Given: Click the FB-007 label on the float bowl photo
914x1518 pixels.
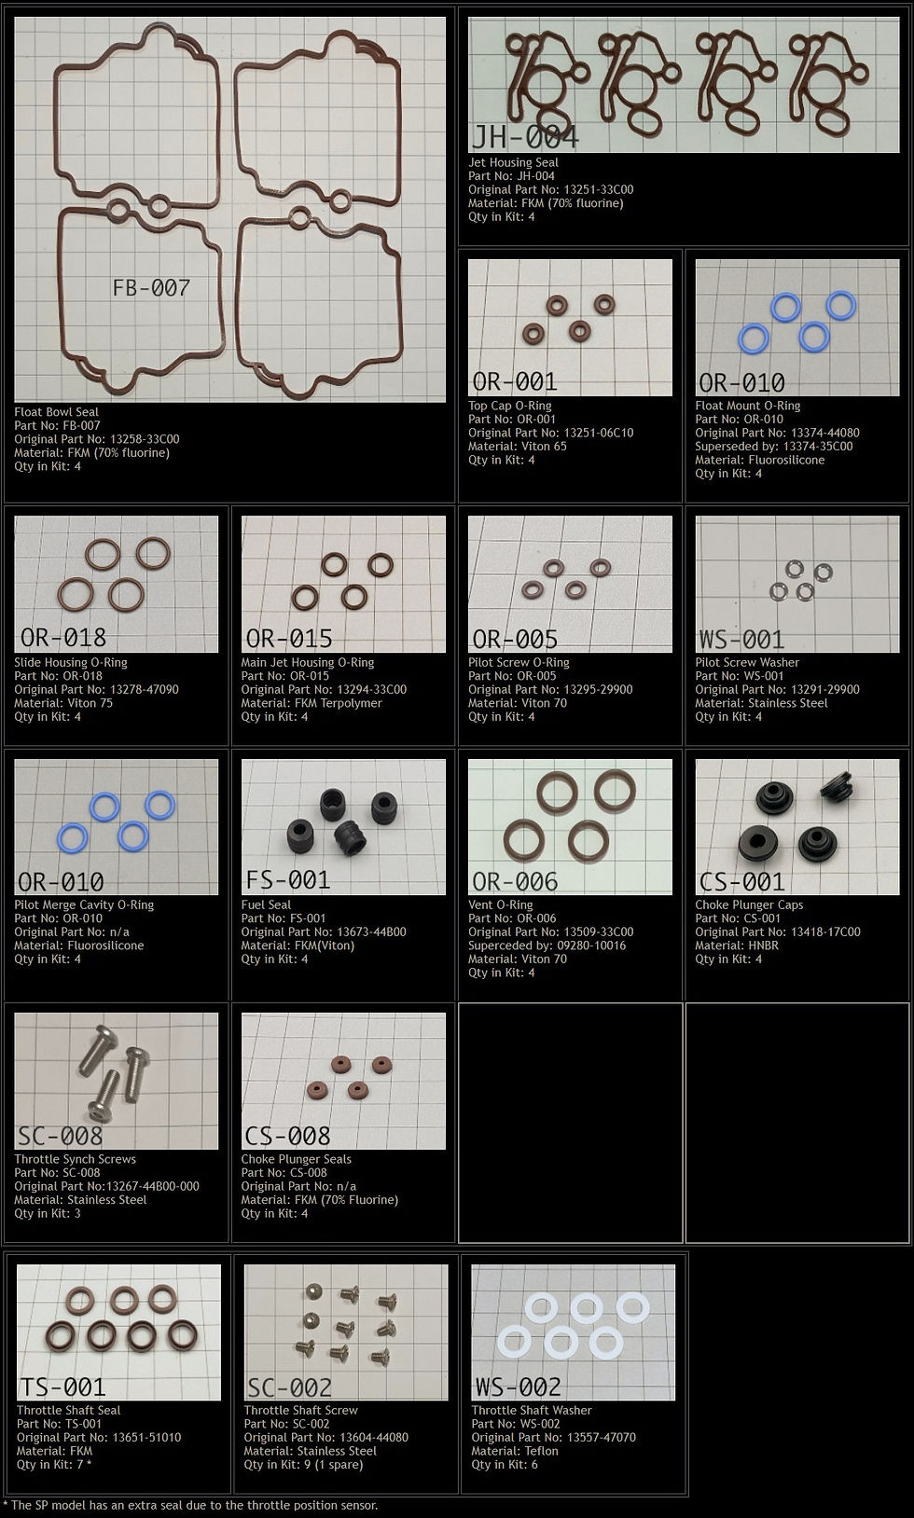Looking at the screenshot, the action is (x=150, y=288).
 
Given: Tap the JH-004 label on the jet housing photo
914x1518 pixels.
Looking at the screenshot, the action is (x=525, y=137).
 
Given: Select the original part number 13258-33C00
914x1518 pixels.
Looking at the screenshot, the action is (x=97, y=439).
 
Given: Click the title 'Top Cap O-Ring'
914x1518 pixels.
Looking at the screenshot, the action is (x=510, y=406).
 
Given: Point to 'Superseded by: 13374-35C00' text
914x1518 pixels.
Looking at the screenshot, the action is (x=774, y=446).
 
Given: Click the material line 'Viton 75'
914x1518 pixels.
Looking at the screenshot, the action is (x=63, y=703).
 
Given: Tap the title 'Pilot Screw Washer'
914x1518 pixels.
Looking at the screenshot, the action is (x=747, y=662).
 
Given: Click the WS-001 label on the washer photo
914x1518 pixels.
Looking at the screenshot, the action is (x=741, y=639).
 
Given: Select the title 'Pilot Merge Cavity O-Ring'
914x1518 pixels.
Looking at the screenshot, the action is (x=84, y=904).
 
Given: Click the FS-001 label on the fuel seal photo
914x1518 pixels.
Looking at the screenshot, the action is (x=288, y=879).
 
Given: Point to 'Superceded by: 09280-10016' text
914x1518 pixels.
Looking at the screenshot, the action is (x=547, y=945).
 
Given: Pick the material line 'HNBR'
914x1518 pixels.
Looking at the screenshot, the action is (x=737, y=945).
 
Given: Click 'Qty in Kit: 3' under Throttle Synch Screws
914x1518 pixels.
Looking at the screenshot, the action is (x=48, y=1213).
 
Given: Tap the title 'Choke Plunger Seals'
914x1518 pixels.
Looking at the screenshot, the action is (x=297, y=1159).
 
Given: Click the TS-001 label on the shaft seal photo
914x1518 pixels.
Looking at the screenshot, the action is (x=63, y=1387).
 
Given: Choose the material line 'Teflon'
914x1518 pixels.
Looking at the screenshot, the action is (x=515, y=1451).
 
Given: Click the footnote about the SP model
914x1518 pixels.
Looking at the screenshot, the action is (x=190, y=1505).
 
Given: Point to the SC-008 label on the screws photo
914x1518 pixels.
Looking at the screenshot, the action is (x=61, y=1136).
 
